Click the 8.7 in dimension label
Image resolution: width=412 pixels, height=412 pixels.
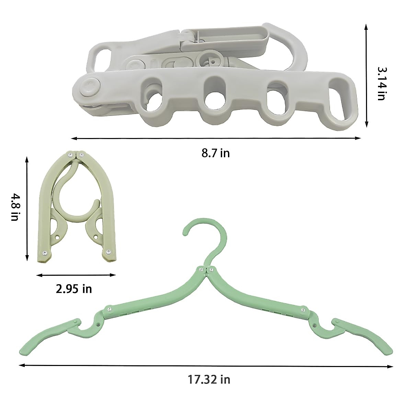[216, 153]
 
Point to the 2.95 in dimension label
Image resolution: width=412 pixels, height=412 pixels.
[74, 289]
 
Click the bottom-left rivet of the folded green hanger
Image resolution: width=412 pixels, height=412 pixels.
[45, 253]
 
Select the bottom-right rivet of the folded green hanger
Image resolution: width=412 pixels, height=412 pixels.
[108, 252]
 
